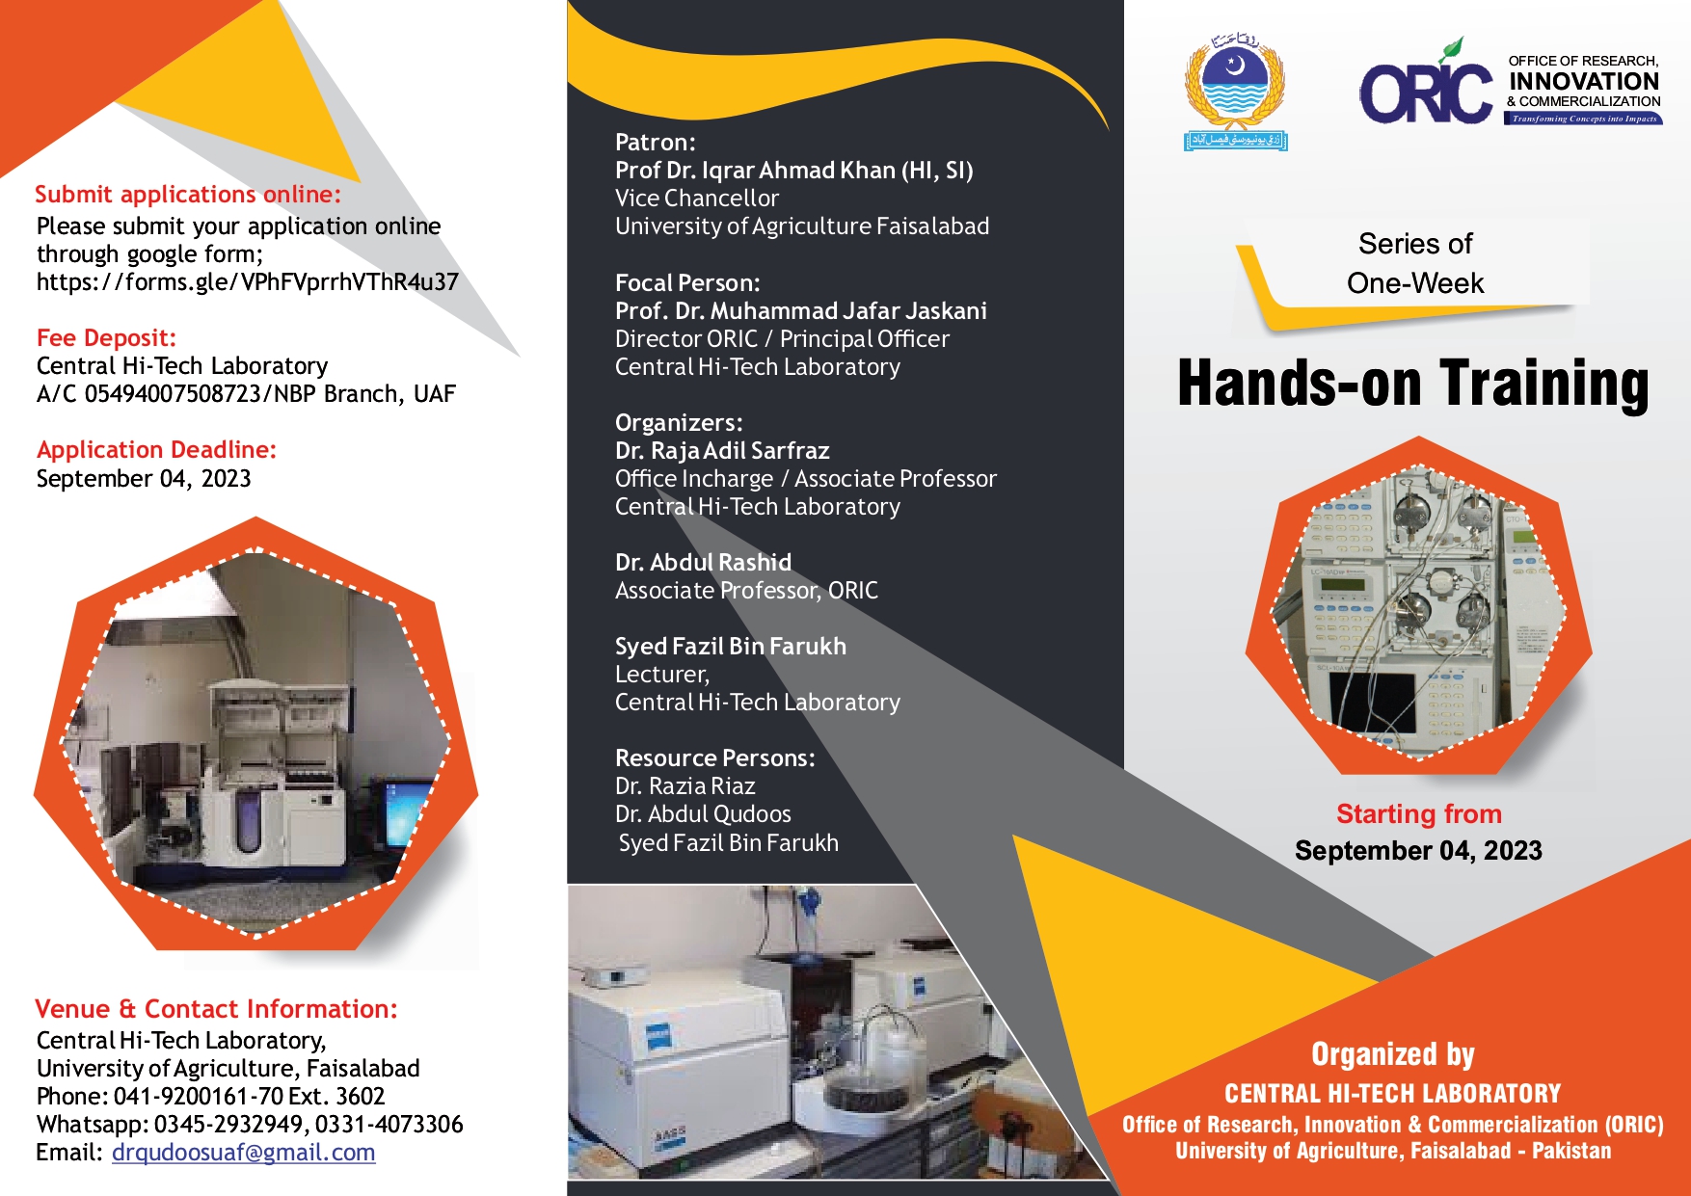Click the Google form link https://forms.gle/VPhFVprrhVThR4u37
click(x=247, y=282)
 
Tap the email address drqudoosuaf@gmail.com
click(x=243, y=1153)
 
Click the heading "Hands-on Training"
click(x=1413, y=384)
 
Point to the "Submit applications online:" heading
click(x=188, y=195)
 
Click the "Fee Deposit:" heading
click(x=106, y=338)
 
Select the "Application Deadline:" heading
click(x=156, y=450)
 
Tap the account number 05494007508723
click(x=173, y=394)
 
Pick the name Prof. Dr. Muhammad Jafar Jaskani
click(x=800, y=311)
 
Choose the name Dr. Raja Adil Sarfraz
click(x=722, y=451)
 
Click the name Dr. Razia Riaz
click(x=684, y=786)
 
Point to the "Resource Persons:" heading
click(x=714, y=758)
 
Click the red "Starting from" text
click(x=1418, y=814)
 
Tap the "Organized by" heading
click(x=1392, y=1054)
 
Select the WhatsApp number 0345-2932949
click(x=230, y=1125)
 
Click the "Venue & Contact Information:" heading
click(x=216, y=1009)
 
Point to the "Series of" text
click(x=1415, y=244)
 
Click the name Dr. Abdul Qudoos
click(x=703, y=814)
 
